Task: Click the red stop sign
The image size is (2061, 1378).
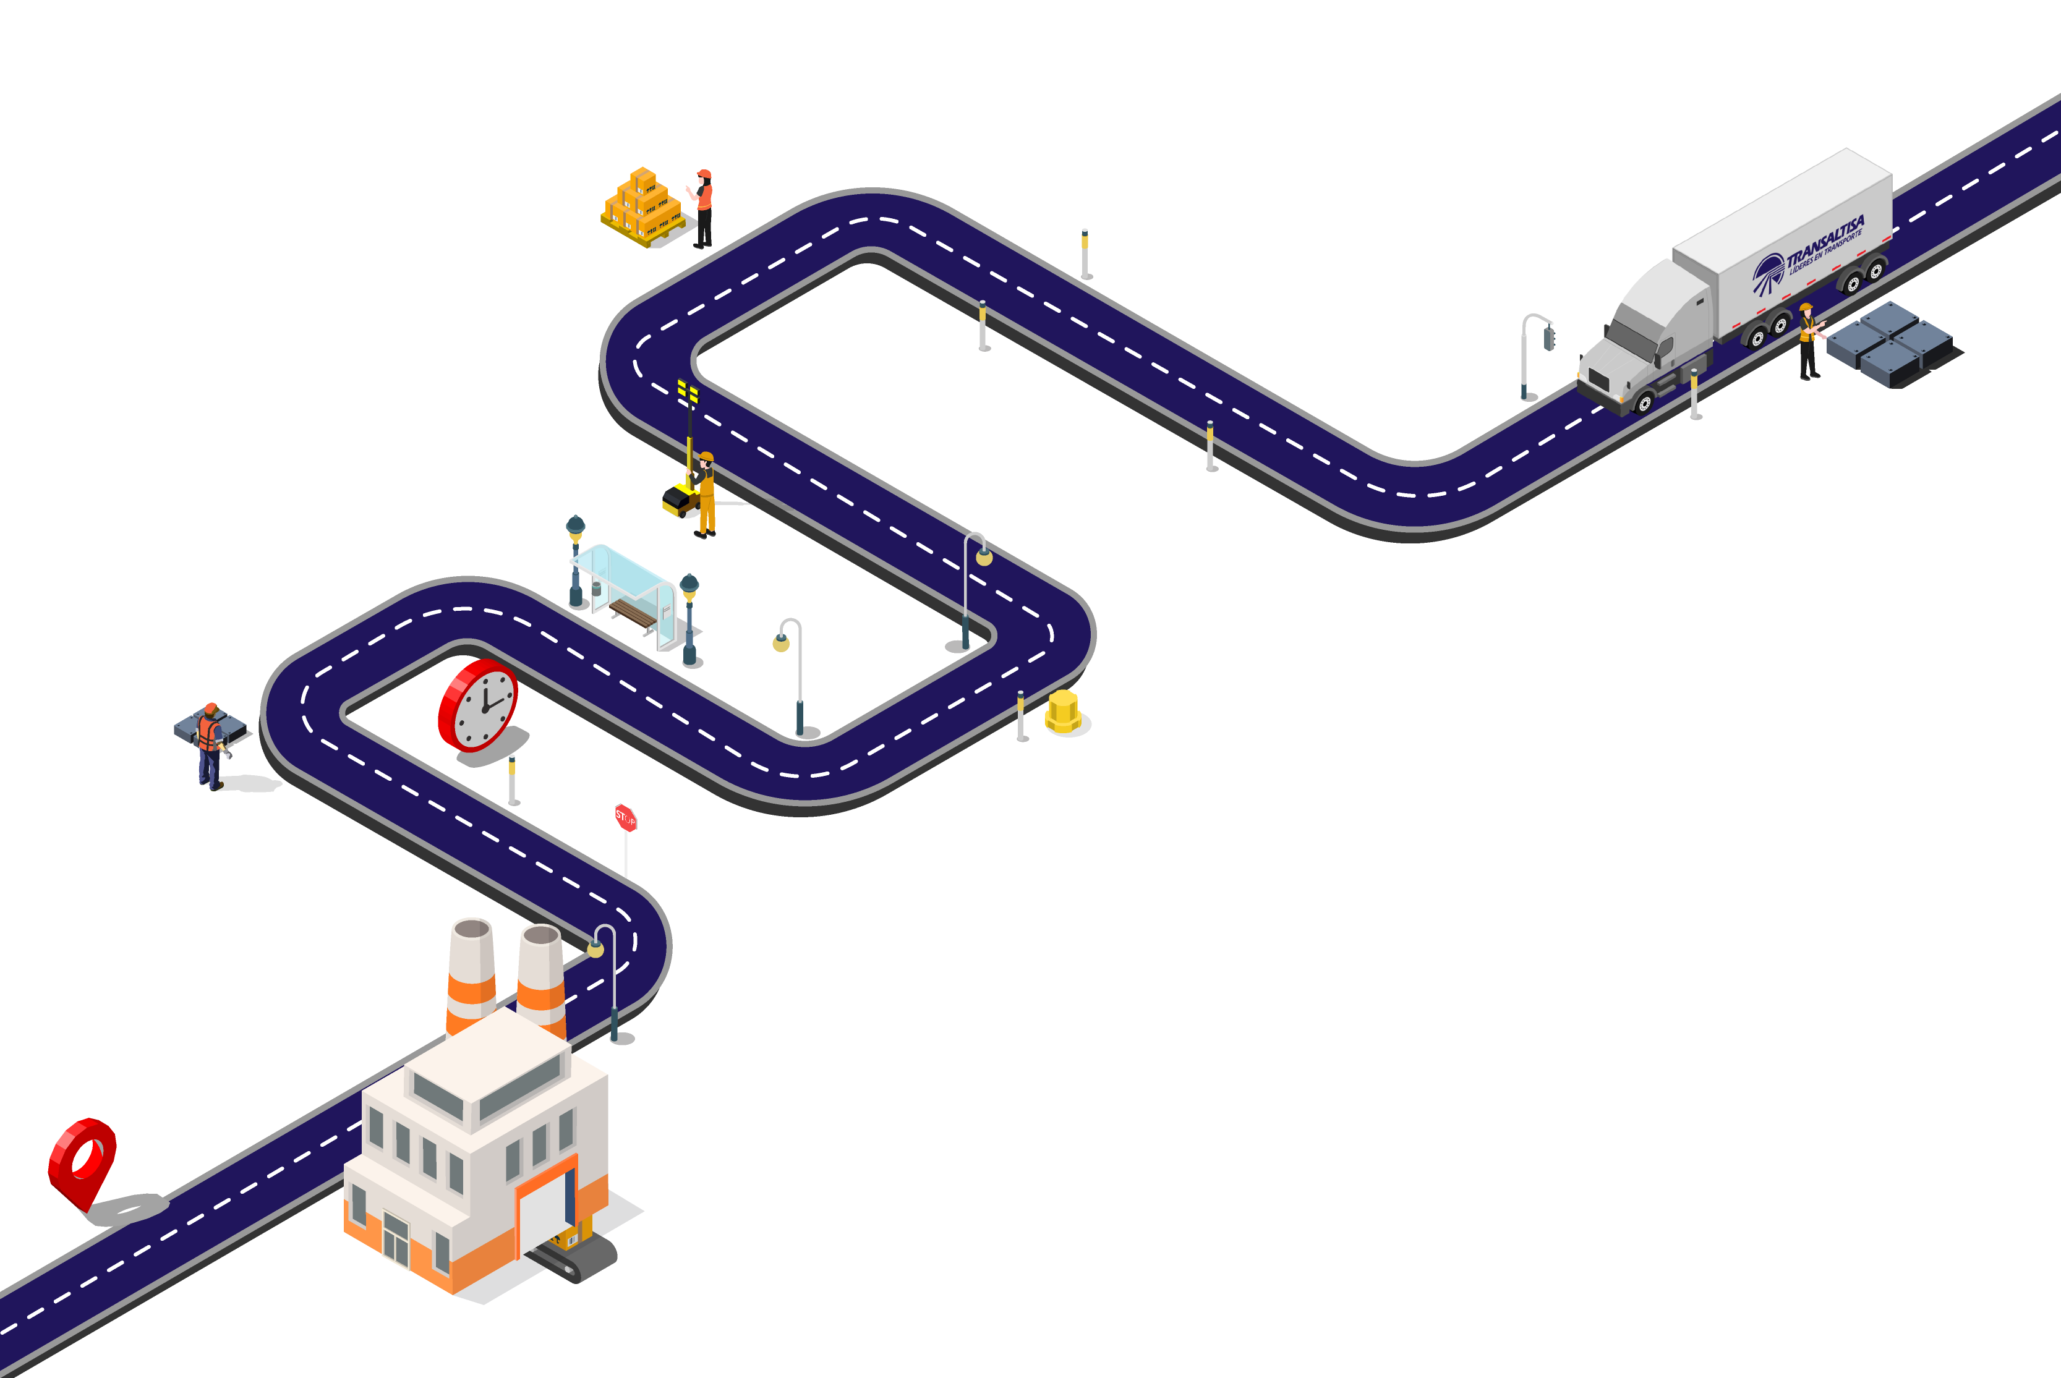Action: click(625, 818)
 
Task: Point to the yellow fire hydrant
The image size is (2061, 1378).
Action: click(1062, 712)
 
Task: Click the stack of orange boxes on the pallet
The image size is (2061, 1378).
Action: click(642, 206)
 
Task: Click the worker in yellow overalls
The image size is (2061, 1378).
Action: click(705, 493)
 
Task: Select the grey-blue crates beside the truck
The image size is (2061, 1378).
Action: click(1890, 344)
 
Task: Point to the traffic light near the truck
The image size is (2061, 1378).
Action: click(1548, 338)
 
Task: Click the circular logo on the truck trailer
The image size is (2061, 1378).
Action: click(1767, 273)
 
